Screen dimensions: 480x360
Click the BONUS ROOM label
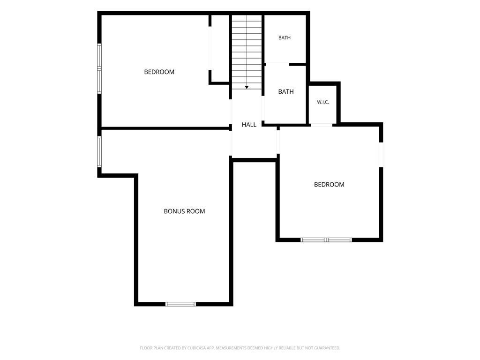point(184,211)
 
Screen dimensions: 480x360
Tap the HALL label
point(249,125)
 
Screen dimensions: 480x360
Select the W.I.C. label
point(323,102)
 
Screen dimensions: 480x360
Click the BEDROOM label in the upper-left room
point(159,72)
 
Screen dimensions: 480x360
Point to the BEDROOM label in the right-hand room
point(329,184)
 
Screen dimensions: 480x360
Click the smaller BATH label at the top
point(285,37)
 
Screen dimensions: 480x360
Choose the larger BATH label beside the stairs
point(286,91)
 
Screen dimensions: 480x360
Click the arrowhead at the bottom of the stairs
point(247,88)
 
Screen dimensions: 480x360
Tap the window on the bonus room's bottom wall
point(180,304)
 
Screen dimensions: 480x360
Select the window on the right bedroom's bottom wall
point(326,240)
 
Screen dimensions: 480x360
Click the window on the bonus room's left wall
point(99,151)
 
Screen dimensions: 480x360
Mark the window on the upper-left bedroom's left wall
point(99,68)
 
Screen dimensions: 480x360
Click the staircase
point(247,52)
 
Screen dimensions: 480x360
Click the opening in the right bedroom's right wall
point(381,155)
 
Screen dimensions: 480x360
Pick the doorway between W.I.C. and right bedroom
point(322,125)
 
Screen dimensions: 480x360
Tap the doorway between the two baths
point(277,64)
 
